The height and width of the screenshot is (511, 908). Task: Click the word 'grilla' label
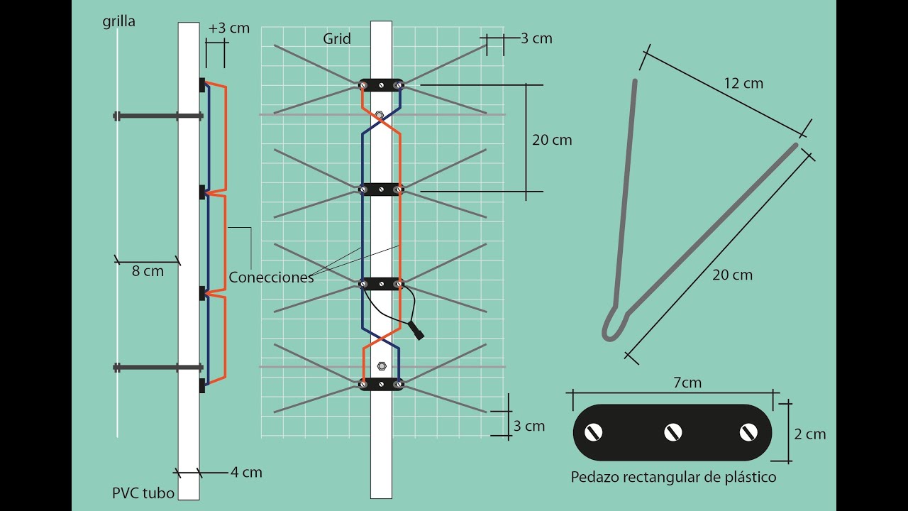click(118, 22)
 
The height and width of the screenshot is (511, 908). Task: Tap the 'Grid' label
click(337, 39)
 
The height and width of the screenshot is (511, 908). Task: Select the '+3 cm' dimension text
click(229, 29)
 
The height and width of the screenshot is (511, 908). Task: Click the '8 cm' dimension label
click(148, 271)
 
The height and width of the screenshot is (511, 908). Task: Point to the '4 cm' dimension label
click(246, 472)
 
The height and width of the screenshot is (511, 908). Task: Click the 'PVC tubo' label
click(143, 493)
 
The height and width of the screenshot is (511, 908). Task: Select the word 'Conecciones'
click(271, 278)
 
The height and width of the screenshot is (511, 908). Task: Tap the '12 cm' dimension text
click(743, 83)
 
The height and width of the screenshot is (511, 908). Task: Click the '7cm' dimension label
click(687, 383)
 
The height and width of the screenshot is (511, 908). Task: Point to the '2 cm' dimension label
click(809, 434)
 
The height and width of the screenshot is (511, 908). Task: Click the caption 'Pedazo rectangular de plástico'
click(673, 477)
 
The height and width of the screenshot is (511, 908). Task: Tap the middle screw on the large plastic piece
click(672, 432)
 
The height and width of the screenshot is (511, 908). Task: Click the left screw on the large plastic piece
click(592, 432)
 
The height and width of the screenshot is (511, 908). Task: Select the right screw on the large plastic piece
click(748, 432)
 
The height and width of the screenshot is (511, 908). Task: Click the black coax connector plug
click(416, 331)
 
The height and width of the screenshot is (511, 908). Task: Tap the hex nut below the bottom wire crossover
click(381, 366)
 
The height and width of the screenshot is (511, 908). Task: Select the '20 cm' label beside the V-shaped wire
click(732, 275)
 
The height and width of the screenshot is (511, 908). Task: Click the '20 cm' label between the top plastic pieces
click(552, 140)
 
